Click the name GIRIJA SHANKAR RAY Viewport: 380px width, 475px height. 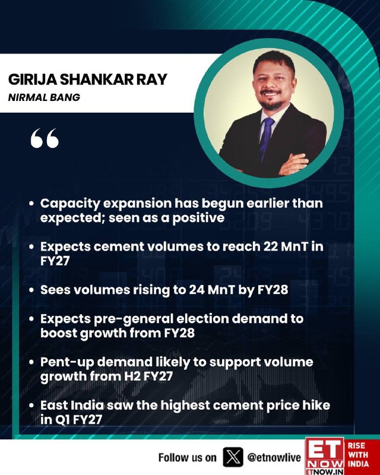click(87, 80)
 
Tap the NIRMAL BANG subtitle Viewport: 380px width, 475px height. click(45, 97)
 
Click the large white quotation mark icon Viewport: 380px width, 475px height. click(45, 138)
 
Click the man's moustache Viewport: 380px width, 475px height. click(271, 91)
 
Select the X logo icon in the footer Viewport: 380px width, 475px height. click(233, 457)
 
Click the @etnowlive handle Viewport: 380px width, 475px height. click(274, 457)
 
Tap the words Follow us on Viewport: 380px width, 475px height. click(187, 457)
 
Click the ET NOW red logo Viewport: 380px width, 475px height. click(325, 456)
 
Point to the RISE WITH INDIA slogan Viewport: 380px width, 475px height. click(358, 454)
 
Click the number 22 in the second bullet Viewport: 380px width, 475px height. click(271, 246)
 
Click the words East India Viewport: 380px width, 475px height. click(71, 406)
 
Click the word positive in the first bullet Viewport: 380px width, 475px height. click(198, 218)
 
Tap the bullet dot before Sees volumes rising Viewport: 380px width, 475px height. click(31, 290)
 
